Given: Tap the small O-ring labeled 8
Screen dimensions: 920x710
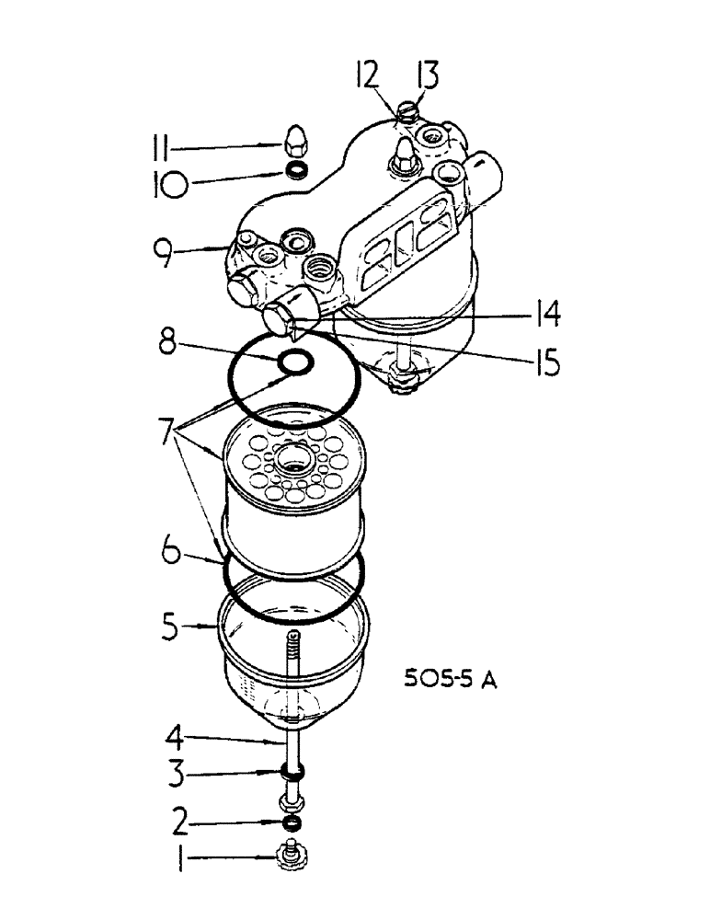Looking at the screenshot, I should pos(295,364).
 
